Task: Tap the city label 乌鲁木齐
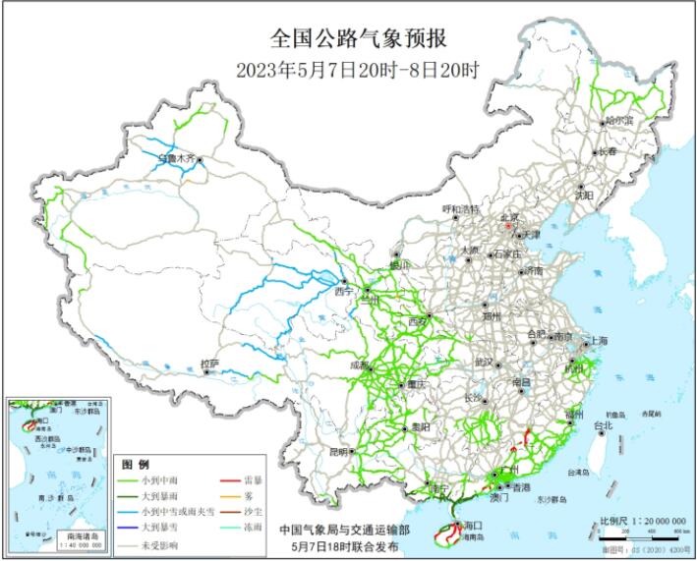[x=177, y=156]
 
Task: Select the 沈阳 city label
[x=585, y=195]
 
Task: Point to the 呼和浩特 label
[x=459, y=208]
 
